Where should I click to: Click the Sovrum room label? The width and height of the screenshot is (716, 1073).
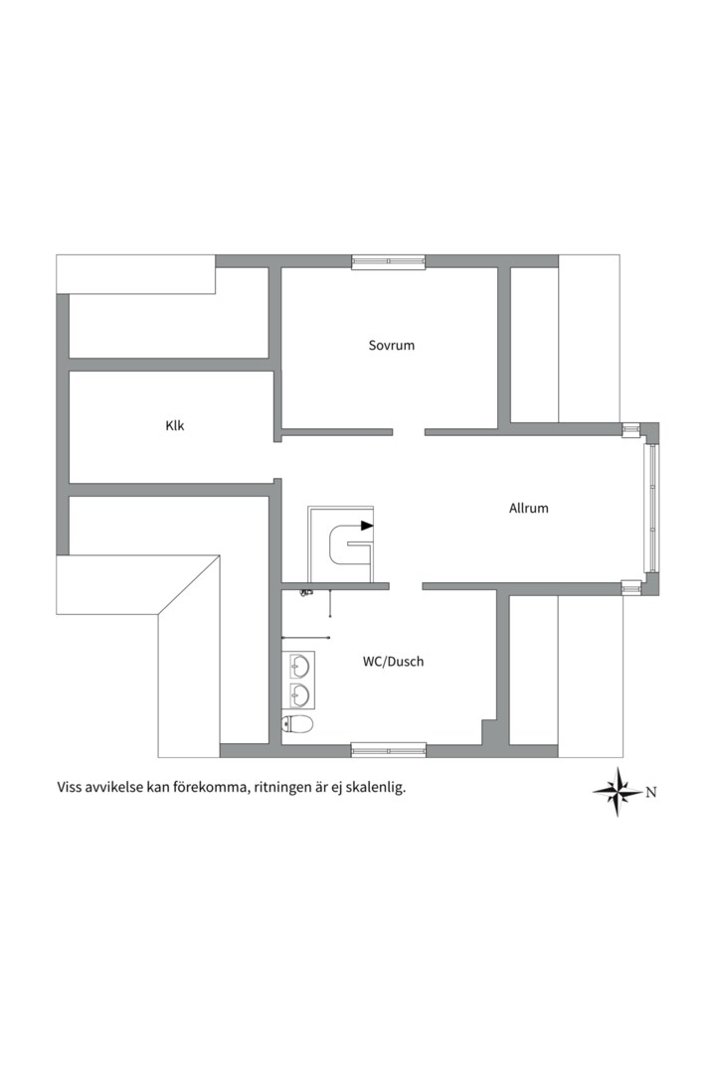391,345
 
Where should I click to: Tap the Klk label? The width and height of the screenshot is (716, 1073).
175,425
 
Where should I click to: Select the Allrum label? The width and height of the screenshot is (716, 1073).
528,508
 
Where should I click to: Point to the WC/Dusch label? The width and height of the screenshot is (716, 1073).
393,661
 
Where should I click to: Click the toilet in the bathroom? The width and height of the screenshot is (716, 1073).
297,724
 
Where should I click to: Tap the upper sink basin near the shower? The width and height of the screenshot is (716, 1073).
300,665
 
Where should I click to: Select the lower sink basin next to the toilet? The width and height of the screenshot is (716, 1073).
300,694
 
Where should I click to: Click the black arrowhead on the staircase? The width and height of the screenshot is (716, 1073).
367,526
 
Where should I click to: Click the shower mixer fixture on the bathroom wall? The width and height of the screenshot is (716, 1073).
306,591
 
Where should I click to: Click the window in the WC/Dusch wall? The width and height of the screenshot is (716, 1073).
389,751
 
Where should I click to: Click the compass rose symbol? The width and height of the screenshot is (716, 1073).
618,792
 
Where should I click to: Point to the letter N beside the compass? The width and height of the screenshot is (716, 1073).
651,793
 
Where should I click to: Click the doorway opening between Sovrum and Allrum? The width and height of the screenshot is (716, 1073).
409,432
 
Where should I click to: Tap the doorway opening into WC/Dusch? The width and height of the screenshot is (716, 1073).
406,586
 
